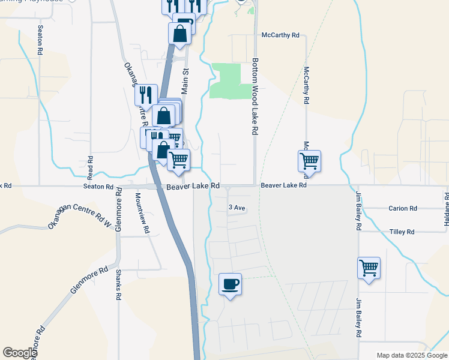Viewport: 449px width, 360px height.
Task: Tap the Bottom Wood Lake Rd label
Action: coord(255,96)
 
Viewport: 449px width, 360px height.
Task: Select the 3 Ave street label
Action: coord(237,208)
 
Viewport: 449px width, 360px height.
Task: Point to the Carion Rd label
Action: coord(402,209)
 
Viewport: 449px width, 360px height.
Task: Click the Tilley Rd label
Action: coord(402,232)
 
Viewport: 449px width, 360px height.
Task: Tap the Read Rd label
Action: coord(90,169)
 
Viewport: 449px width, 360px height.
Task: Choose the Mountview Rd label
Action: coord(142,213)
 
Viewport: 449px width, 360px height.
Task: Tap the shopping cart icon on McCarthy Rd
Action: coord(309,160)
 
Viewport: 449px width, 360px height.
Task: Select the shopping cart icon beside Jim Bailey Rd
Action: coord(369,267)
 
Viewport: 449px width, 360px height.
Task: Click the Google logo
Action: coord(20,353)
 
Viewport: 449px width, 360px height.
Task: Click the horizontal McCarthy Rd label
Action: coord(280,35)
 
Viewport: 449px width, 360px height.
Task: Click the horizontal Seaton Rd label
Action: coord(98,187)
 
